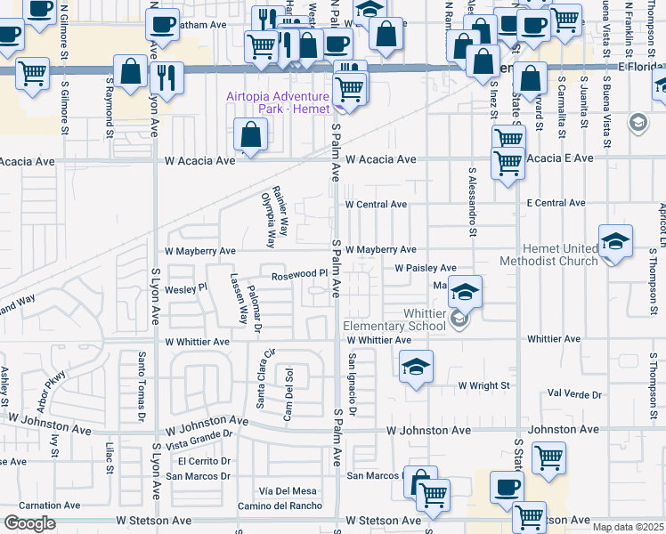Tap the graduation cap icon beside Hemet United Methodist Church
click(x=614, y=241)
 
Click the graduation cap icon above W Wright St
click(x=416, y=368)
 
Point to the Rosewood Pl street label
click(x=294, y=273)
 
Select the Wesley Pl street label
click(x=186, y=288)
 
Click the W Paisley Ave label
click(x=426, y=268)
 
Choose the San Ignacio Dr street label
click(x=352, y=384)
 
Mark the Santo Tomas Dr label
click(x=140, y=385)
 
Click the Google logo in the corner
click(x=29, y=523)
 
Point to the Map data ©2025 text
click(x=629, y=527)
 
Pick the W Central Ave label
click(x=377, y=205)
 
